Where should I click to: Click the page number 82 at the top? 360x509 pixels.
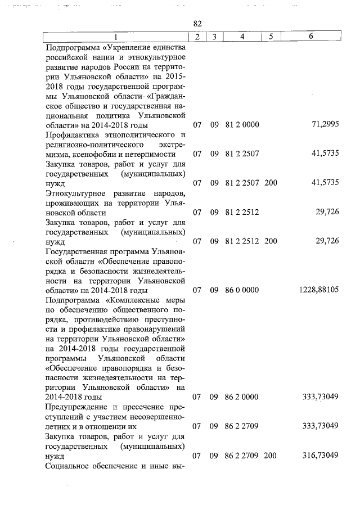[197, 24]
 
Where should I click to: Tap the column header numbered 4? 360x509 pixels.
[241, 37]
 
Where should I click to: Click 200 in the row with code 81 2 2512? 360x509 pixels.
[271, 242]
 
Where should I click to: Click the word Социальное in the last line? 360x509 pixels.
[68, 466]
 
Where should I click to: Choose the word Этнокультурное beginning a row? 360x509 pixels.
[77, 194]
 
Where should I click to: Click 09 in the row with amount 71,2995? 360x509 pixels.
[214, 124]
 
